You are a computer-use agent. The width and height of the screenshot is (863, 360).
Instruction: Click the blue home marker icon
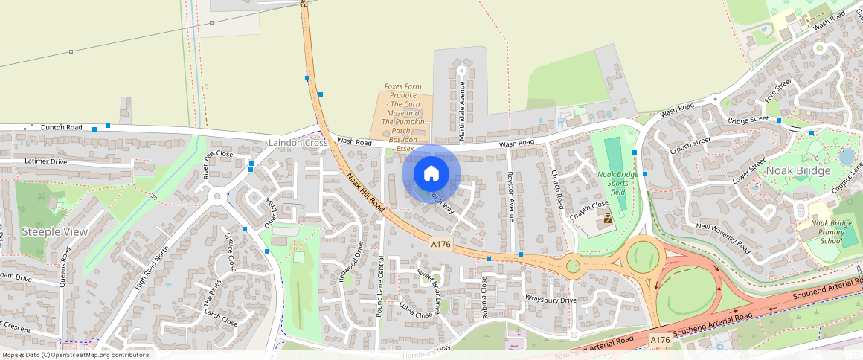(431, 173)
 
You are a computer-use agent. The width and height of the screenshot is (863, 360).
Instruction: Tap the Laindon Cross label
(298, 142)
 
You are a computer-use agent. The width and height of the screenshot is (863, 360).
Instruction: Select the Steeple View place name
(54, 232)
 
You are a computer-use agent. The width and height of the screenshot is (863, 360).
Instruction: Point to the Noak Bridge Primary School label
(831, 231)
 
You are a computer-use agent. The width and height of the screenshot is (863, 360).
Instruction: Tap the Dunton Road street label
(61, 127)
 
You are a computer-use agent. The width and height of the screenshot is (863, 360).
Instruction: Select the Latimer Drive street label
(46, 161)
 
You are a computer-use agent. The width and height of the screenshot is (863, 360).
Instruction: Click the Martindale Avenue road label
(461, 112)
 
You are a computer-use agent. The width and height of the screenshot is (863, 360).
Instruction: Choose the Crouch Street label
(690, 147)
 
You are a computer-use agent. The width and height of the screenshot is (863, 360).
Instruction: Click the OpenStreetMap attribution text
(76, 355)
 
